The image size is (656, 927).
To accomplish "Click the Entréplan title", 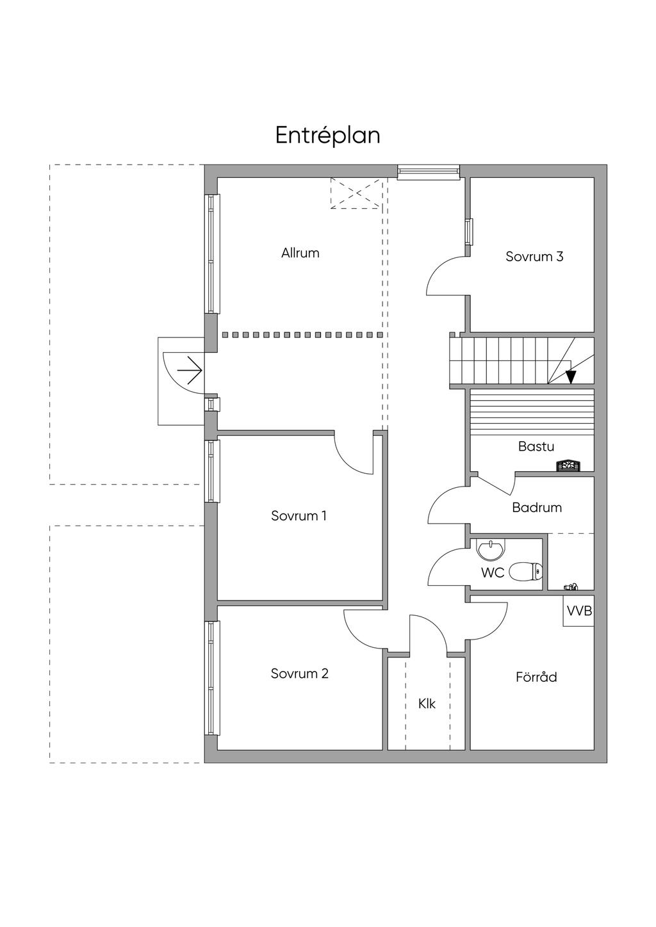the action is pyautogui.click(x=327, y=136).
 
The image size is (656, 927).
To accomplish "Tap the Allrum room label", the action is pyautogui.click(x=300, y=253).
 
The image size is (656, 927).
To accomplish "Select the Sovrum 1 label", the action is pyautogui.click(x=299, y=515).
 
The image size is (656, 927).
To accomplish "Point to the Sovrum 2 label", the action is pyautogui.click(x=299, y=673).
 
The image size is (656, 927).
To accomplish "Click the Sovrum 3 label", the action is pyautogui.click(x=534, y=257).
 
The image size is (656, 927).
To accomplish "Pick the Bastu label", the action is pyautogui.click(x=536, y=447).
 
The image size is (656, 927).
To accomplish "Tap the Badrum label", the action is pyautogui.click(x=537, y=508).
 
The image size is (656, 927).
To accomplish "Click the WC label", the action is pyautogui.click(x=493, y=573).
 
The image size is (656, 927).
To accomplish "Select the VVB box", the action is pyautogui.click(x=578, y=611).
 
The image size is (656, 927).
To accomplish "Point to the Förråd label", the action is pyautogui.click(x=536, y=677).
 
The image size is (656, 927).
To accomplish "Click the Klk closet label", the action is pyautogui.click(x=427, y=704).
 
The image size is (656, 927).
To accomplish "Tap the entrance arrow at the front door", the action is pyautogui.click(x=190, y=370).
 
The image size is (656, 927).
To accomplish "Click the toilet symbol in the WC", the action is pyautogui.click(x=527, y=570).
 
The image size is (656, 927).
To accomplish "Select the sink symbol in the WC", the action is pyautogui.click(x=491, y=548).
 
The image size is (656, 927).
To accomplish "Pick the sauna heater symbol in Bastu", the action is pyautogui.click(x=568, y=465).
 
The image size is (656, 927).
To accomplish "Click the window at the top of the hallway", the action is pyautogui.click(x=428, y=170).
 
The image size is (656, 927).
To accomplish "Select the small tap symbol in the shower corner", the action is pyautogui.click(x=570, y=586).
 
